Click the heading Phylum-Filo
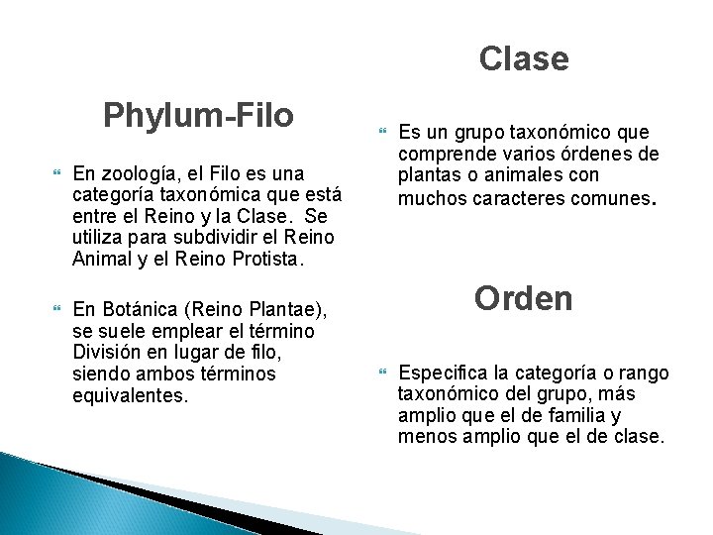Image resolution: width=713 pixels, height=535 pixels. point(198,116)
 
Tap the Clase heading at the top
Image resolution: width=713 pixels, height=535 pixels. point(523,59)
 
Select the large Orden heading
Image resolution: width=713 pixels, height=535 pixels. point(523,298)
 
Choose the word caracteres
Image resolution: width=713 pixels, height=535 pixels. point(495,197)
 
